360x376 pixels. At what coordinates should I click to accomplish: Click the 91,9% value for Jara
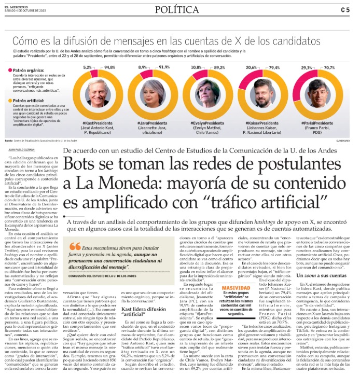pos(164,67)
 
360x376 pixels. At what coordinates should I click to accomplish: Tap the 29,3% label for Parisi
pos(306,67)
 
